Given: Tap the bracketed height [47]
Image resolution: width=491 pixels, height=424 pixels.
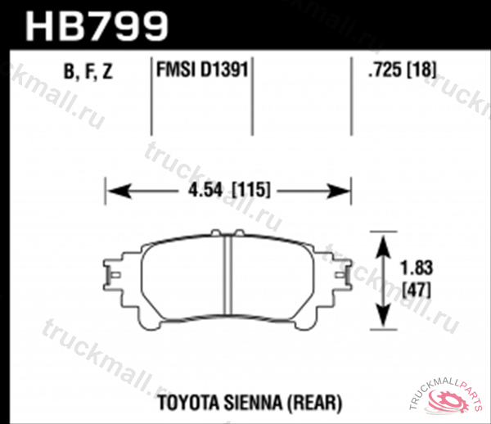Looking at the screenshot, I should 417,287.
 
